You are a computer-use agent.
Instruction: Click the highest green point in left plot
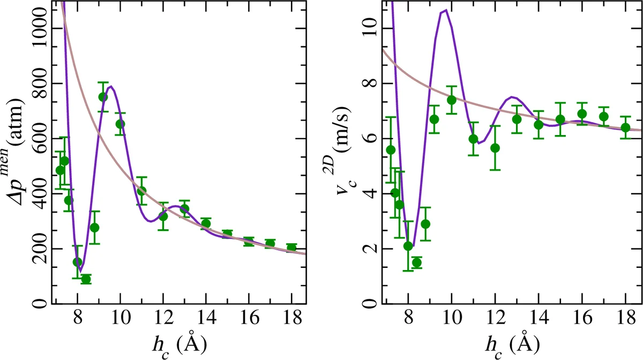103,97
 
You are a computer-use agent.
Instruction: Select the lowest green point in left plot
86,279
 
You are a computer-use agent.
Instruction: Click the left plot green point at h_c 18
291,247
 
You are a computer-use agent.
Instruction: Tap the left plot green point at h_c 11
141,191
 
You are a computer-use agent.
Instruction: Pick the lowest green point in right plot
417,262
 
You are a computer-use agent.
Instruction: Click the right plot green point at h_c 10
451,100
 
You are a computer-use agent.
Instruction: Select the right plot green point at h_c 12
495,148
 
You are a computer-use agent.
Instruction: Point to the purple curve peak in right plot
445,10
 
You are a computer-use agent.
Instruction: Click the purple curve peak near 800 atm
111,86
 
